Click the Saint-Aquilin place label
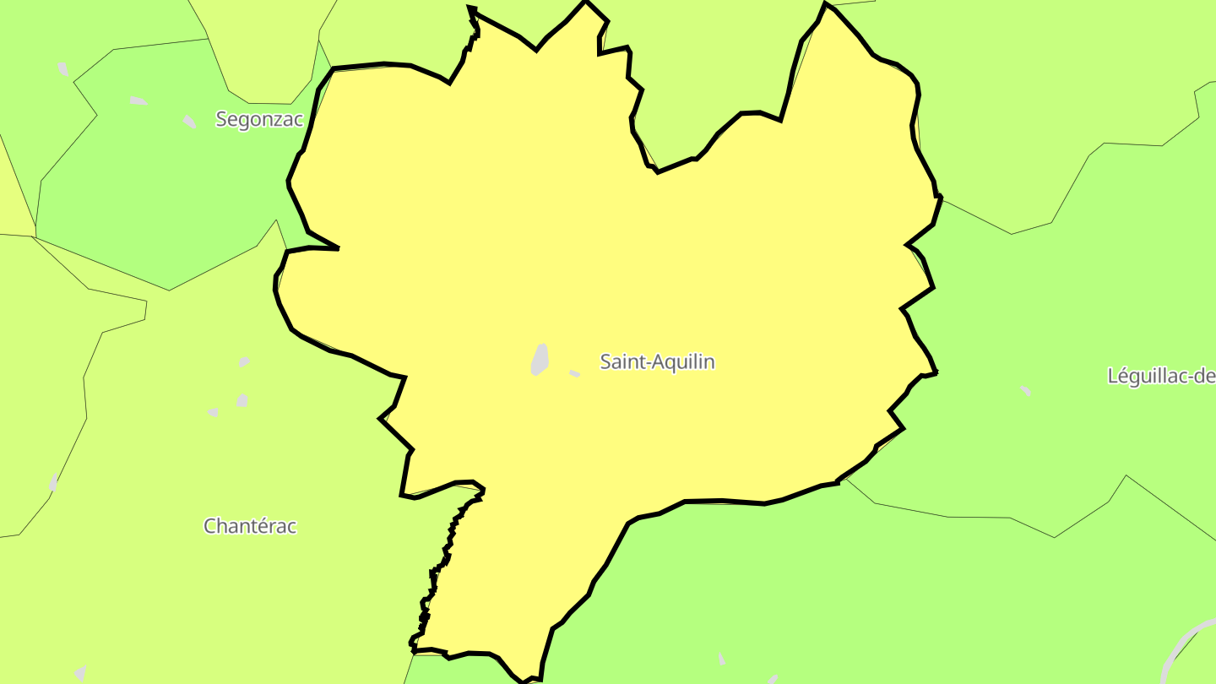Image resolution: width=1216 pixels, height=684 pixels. [657, 362]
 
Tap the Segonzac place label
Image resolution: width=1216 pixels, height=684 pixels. [258, 119]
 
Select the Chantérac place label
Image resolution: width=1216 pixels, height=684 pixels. [250, 526]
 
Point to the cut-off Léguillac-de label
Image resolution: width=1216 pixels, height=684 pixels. [1161, 377]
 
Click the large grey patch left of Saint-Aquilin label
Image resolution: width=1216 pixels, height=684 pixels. [540, 359]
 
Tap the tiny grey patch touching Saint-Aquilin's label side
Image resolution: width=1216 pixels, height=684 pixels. [574, 372]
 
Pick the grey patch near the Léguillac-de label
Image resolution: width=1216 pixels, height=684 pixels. [1025, 390]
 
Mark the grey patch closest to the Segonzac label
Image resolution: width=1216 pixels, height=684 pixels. [190, 122]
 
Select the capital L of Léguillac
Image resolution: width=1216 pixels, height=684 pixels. [1113, 377]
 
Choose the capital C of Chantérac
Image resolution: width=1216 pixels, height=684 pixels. [210, 526]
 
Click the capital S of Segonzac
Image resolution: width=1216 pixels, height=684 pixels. [221, 119]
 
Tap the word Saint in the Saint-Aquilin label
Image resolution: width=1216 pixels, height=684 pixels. [618, 362]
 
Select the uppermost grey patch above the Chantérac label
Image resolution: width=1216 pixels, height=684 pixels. [244, 361]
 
